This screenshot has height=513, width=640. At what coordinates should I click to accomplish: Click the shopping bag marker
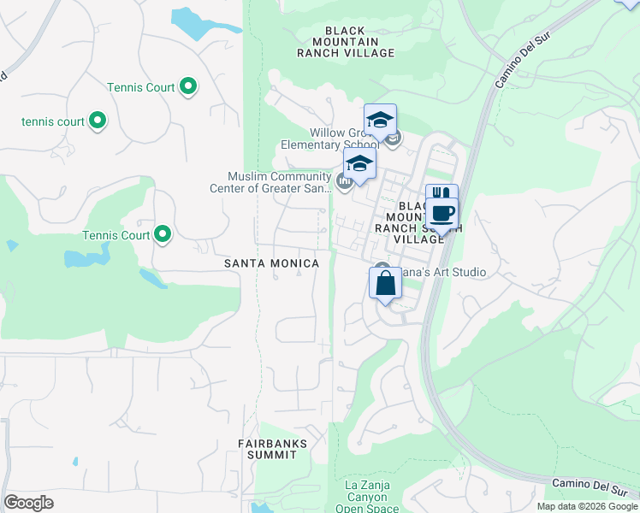coord(385,282)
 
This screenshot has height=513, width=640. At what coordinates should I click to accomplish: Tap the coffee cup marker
coord(441,213)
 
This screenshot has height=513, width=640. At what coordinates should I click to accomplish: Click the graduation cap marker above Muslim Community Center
coord(359,165)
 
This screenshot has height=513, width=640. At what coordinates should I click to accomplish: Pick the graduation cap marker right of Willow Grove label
coord(380,120)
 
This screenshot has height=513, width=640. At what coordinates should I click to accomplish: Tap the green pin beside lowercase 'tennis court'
coord(98,121)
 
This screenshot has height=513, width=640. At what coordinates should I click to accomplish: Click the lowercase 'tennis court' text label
coord(53,121)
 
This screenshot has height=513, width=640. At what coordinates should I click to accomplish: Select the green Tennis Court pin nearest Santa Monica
coord(162,235)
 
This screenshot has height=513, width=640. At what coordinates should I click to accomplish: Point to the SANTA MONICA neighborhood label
coord(271,263)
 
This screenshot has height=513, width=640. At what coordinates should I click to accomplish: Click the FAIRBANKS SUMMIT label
coord(267,449)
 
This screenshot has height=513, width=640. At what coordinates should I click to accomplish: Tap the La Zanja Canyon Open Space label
coord(367,497)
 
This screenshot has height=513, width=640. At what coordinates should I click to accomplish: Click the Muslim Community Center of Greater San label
coord(278,183)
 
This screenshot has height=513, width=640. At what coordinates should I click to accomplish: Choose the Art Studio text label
coord(441,272)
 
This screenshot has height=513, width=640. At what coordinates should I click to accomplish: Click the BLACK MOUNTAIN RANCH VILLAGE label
coord(346,41)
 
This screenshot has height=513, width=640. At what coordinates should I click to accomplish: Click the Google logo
coord(28,503)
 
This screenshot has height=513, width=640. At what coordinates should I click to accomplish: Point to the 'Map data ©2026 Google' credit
coord(587,506)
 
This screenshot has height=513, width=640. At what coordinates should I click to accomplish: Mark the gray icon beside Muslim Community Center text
coord(344,180)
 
